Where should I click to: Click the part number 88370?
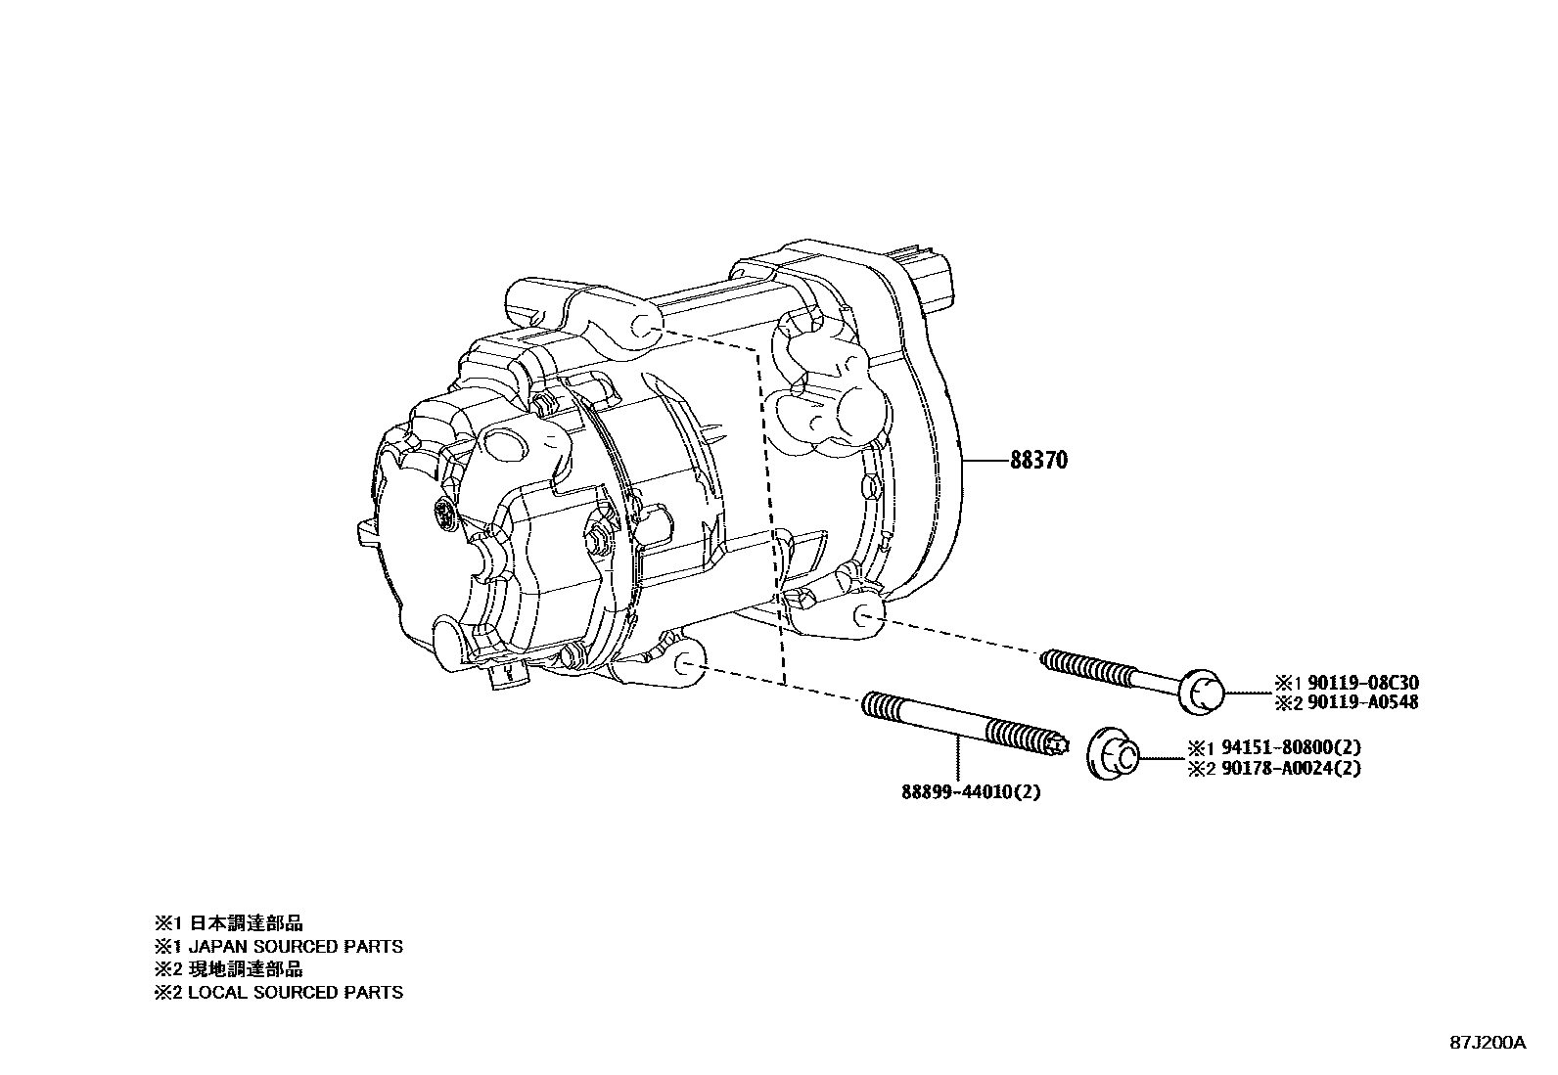[1039, 460]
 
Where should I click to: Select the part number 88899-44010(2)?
[971, 791]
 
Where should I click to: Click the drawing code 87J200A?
[1488, 1043]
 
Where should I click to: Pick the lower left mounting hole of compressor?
[688, 665]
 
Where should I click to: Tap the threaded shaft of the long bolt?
[1106, 670]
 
